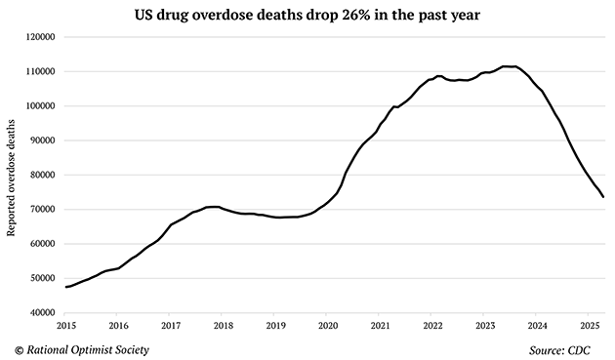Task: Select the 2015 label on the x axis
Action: (x=65, y=326)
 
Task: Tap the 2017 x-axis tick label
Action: (x=170, y=326)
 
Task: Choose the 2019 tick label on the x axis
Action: (x=275, y=326)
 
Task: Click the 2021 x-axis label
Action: (x=380, y=326)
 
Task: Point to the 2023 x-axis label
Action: (x=485, y=326)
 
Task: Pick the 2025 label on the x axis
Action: (x=590, y=326)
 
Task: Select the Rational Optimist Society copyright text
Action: (x=83, y=348)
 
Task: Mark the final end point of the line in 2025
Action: (x=603, y=197)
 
